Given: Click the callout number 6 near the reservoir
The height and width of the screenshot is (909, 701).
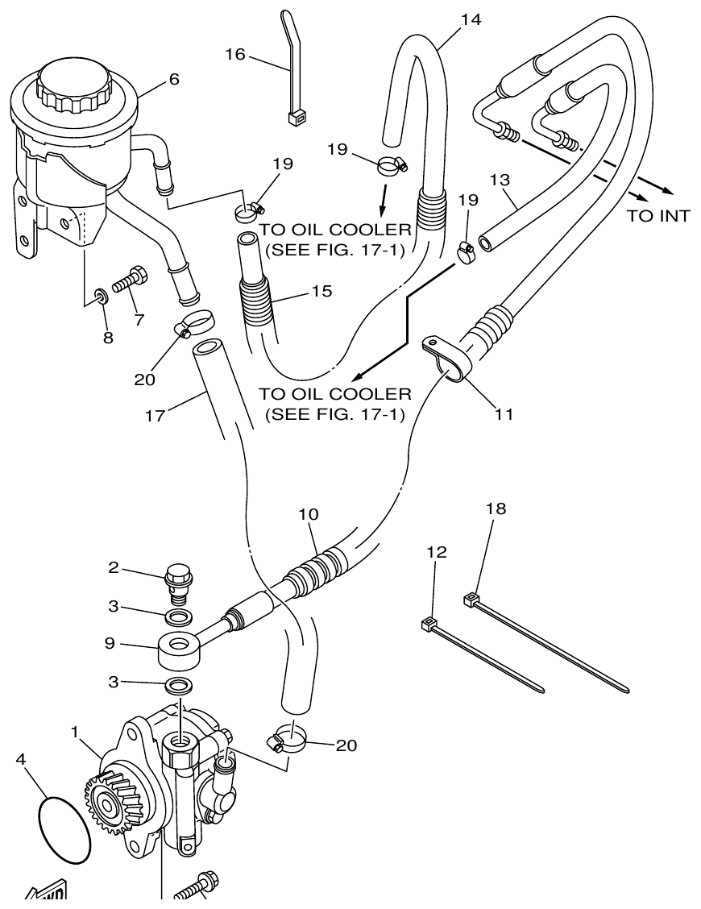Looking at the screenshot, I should (174, 79).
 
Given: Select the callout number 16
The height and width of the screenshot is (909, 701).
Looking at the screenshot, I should (234, 55).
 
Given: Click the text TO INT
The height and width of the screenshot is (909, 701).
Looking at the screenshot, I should (658, 216).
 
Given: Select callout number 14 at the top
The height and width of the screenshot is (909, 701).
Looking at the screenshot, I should (471, 20).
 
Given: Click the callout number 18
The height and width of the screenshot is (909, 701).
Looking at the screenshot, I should (497, 508).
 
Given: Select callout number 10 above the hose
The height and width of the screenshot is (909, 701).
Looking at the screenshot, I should (309, 513).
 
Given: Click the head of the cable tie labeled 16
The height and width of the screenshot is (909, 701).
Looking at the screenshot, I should (295, 118).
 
